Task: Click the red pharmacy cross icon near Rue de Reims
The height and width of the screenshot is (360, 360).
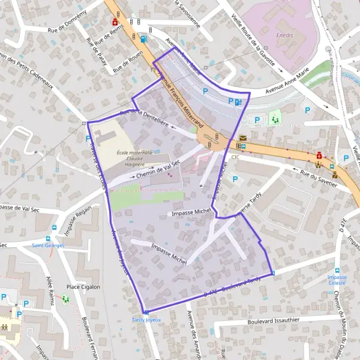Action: coord(115,22)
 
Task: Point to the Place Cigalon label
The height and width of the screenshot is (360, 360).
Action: coord(83,287)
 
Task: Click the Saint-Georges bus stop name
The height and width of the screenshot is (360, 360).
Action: coord(49,245)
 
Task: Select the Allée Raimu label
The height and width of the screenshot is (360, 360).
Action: coord(53,289)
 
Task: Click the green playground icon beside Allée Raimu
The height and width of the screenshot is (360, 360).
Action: coord(65,299)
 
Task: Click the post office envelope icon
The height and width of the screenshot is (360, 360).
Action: coord(242,138)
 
